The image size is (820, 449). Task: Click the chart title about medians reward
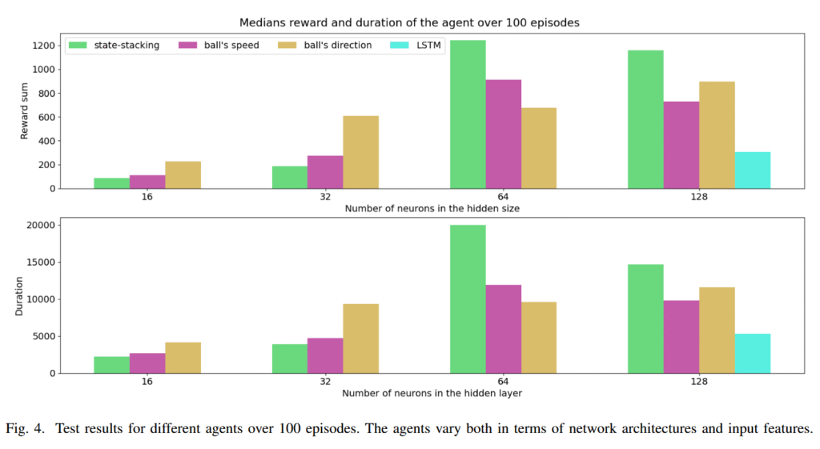click(x=409, y=23)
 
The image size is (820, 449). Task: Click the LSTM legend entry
click(x=428, y=46)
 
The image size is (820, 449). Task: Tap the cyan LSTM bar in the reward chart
click(x=753, y=170)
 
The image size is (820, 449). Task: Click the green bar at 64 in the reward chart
click(x=468, y=114)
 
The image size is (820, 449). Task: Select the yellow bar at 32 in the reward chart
click(x=361, y=152)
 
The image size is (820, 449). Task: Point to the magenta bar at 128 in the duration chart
click(x=681, y=336)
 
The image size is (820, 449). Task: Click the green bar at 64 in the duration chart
click(x=468, y=299)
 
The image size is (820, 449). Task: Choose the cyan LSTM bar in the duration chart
click(x=753, y=353)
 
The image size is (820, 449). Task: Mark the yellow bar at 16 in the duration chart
click(x=183, y=357)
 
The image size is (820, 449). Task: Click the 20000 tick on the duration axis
click(x=40, y=225)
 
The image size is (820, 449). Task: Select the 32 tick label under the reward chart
click(x=325, y=197)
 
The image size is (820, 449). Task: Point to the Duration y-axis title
click(x=19, y=298)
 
